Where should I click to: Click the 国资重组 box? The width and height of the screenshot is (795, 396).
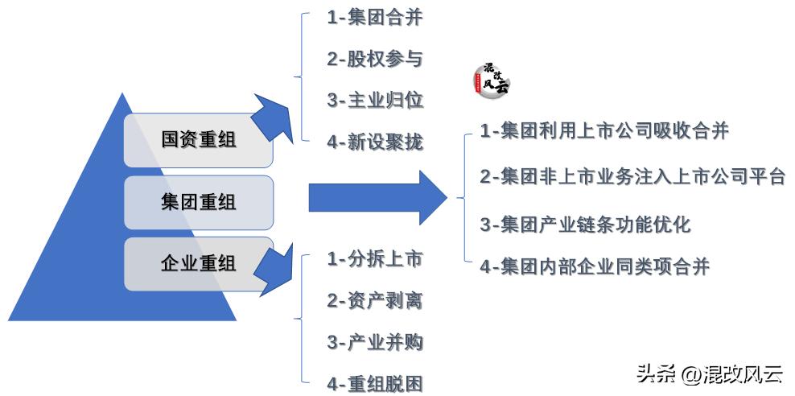click(x=198, y=139)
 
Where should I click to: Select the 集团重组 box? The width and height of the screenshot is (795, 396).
click(x=198, y=201)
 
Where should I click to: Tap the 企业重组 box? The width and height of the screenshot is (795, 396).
click(x=198, y=262)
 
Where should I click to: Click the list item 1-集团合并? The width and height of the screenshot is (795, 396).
click(x=374, y=19)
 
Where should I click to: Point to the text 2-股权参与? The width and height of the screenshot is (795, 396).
click(x=374, y=60)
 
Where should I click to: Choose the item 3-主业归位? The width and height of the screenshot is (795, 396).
click(x=374, y=101)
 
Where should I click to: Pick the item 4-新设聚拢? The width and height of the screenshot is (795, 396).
click(x=374, y=142)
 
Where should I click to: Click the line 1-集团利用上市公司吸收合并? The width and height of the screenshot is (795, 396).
click(x=604, y=130)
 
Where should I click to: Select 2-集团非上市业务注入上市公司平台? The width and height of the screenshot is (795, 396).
click(x=632, y=176)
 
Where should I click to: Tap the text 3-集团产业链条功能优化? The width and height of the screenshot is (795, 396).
click(x=585, y=223)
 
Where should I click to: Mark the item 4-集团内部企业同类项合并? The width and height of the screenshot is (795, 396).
click(x=595, y=266)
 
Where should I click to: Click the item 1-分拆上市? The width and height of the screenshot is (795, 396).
click(x=374, y=259)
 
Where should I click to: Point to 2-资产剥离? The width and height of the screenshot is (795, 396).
click(x=374, y=301)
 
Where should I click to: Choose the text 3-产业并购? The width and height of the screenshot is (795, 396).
click(x=374, y=342)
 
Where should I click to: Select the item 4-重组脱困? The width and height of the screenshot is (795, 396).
click(x=374, y=384)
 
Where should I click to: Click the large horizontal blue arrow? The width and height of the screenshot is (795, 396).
click(x=374, y=197)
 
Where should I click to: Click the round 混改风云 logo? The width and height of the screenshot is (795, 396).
click(x=490, y=79)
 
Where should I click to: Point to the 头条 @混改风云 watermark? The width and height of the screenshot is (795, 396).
click(x=709, y=373)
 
